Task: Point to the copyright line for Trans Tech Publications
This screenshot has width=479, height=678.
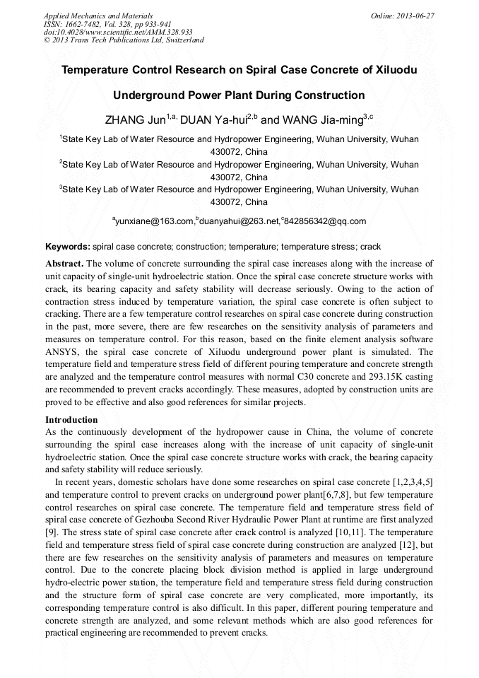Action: [124, 40]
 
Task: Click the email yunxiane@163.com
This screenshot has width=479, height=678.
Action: [155, 222]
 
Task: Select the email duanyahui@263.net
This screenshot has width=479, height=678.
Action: [240, 222]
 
